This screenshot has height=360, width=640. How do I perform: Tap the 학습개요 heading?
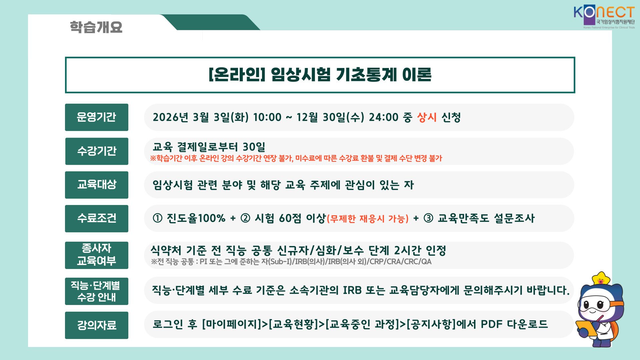96,27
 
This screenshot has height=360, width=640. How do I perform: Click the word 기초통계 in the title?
366,74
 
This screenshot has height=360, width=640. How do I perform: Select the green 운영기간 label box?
97,117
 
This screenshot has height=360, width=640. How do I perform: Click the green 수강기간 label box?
97,151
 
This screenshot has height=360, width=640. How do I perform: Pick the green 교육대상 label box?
97,185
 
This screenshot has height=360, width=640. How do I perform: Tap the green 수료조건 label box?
97,219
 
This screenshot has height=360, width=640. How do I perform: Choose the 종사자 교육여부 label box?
97,255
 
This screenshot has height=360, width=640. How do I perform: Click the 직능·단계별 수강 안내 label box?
97,291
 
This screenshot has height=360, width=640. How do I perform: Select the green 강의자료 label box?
97,325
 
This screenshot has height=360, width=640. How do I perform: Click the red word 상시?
427,117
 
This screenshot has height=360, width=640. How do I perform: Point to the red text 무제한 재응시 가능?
368,219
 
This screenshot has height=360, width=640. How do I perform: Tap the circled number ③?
428,218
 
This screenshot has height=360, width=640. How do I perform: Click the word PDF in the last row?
491,324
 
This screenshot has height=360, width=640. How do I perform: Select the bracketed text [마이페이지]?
232,324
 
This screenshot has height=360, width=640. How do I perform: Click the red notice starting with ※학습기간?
296,158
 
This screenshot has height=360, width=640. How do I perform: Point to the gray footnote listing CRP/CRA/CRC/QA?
291,262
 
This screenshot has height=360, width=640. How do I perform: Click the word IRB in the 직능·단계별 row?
352,290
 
